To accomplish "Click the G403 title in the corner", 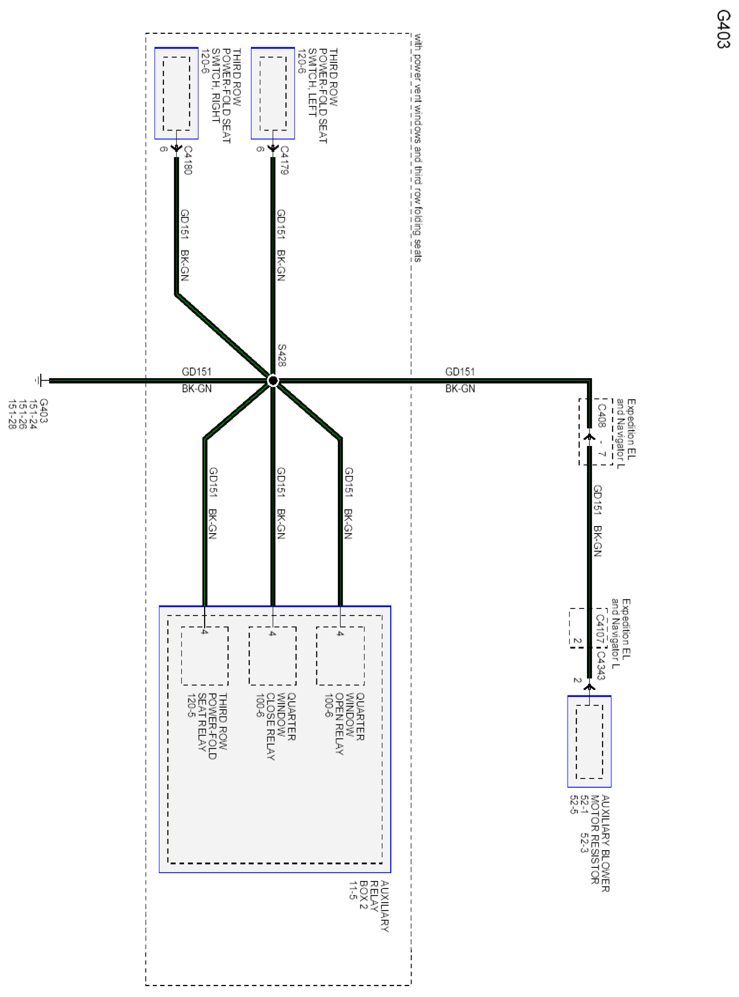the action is pyautogui.click(x=723, y=30).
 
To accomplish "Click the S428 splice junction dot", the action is pyautogui.click(x=273, y=381).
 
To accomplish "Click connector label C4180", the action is pyautogui.click(x=188, y=160).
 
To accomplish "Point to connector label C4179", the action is pyautogui.click(x=284, y=160).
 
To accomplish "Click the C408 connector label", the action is pyautogui.click(x=602, y=416).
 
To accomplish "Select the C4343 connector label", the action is pyautogui.click(x=601, y=665).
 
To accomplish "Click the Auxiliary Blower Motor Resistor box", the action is pyautogui.click(x=589, y=741).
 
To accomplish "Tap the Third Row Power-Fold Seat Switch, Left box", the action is pyautogui.click(x=272, y=93).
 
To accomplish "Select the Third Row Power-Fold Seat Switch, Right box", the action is pyautogui.click(x=176, y=93).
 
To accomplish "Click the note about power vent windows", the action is pyautogui.click(x=417, y=148).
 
